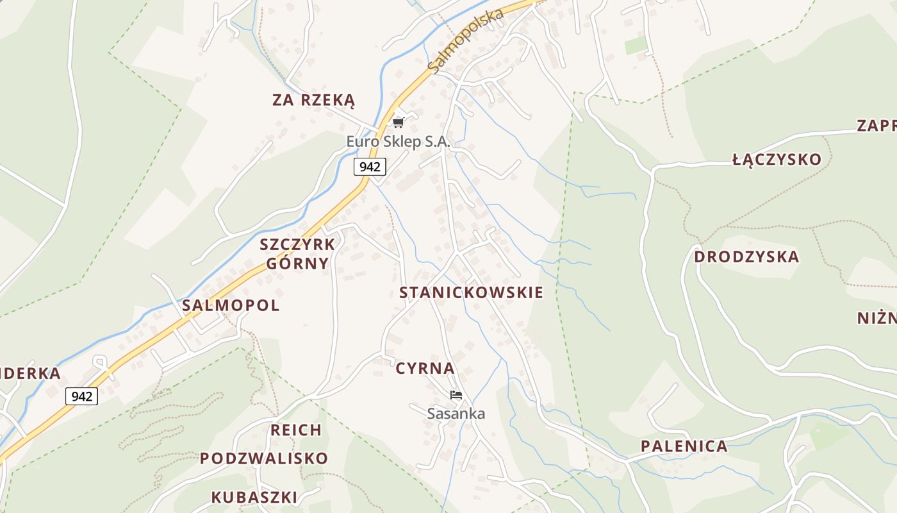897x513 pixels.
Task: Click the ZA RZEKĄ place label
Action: point(313,100)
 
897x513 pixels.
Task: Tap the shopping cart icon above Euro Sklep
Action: point(399,122)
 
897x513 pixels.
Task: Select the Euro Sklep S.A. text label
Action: point(399,142)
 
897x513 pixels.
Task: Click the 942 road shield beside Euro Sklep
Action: point(370,167)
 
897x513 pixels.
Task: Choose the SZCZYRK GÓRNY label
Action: point(297,254)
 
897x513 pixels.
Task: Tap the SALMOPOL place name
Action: point(231,305)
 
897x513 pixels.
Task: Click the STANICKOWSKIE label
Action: point(471,293)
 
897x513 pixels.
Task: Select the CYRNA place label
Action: point(425,369)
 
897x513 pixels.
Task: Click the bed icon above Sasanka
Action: point(456,395)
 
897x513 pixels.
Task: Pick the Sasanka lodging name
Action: point(456,414)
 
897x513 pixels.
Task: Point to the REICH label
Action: point(296,430)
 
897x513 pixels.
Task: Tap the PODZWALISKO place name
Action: point(264,458)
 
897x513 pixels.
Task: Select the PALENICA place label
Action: point(684,446)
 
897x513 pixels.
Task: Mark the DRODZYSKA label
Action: point(746,257)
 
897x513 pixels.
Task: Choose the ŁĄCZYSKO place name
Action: point(777,160)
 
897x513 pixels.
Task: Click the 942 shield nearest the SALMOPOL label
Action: point(82,396)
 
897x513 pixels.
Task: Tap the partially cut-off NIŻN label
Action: point(876,318)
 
